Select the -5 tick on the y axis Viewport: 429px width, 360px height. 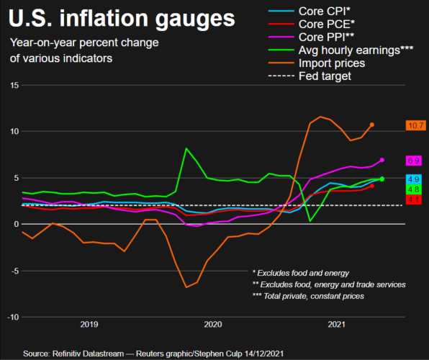click(x=13, y=271)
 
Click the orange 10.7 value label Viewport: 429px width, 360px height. click(x=415, y=125)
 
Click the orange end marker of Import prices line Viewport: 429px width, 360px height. click(x=372, y=125)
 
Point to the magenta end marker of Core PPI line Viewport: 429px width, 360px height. click(x=382, y=160)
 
